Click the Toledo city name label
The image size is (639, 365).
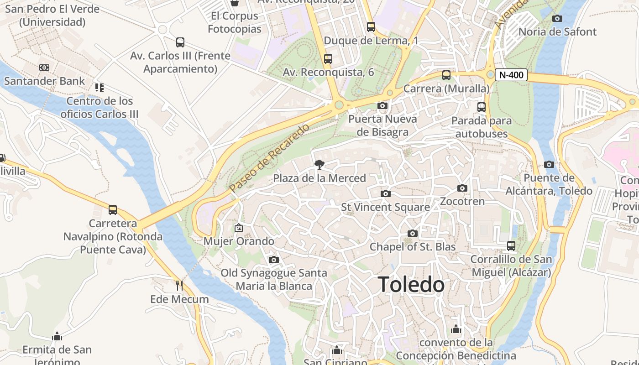(411, 285)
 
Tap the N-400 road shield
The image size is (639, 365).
(511, 75)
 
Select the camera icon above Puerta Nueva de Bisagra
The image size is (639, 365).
(382, 106)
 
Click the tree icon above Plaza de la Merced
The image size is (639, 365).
(319, 165)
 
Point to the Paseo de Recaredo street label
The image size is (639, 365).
(269, 157)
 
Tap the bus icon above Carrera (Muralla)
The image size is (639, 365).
(446, 75)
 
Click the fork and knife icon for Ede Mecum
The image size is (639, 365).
(179, 286)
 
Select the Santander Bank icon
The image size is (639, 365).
(44, 68)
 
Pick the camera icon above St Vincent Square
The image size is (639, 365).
(386, 193)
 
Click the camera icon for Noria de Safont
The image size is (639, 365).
(557, 19)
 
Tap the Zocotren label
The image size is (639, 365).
(462, 201)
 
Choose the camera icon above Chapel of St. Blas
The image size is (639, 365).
(413, 234)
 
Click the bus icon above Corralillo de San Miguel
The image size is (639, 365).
(511, 246)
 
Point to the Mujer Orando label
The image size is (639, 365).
(239, 241)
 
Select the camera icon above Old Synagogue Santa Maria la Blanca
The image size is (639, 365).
(274, 260)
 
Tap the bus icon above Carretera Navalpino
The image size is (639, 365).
(113, 210)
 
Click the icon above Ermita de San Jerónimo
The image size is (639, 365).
(57, 337)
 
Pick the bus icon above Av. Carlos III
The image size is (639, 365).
(180, 42)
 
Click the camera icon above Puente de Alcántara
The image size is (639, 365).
(549, 164)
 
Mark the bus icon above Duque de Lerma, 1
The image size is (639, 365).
(371, 27)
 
